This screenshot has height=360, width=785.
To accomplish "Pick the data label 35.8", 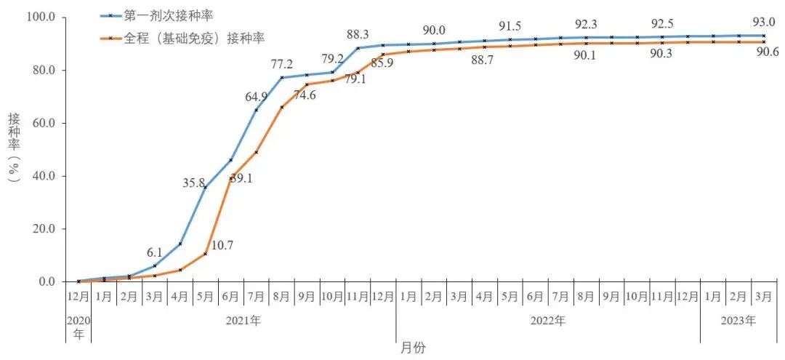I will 195,183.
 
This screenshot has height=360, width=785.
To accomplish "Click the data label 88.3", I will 358,33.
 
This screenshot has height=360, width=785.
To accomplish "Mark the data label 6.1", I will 155,252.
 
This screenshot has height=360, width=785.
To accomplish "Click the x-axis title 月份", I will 413,348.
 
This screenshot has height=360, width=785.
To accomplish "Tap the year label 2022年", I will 549,320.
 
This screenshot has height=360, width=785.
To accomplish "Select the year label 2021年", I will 244,320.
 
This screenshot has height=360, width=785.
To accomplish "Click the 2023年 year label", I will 738,320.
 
